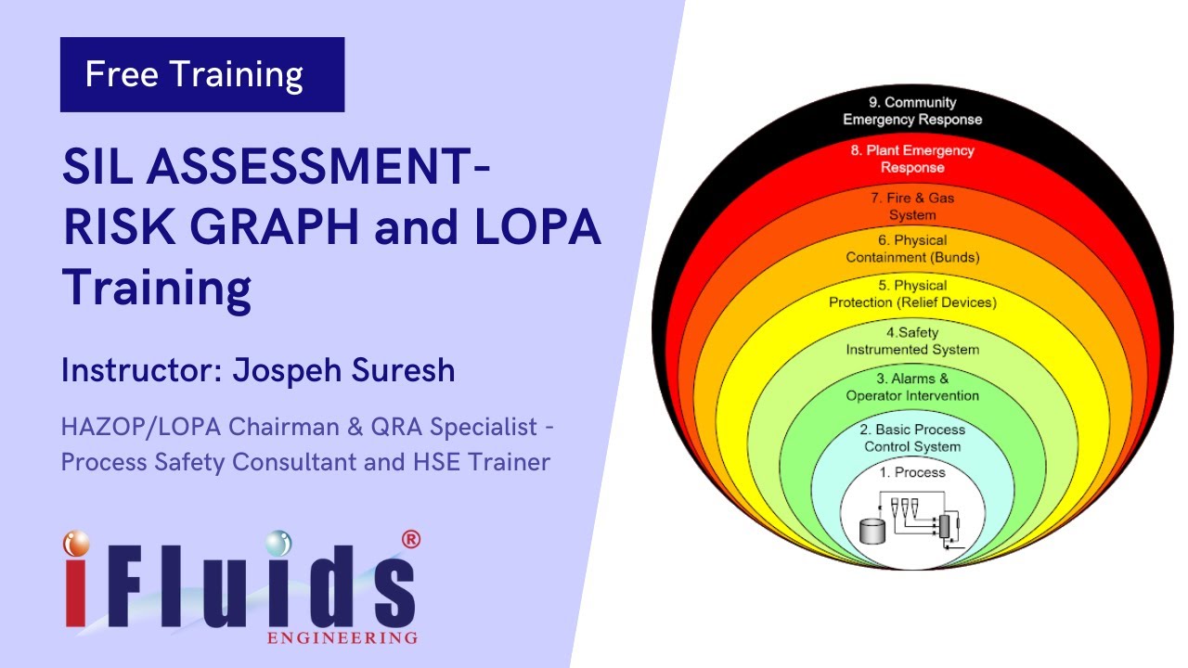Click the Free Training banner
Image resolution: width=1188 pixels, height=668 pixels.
201,74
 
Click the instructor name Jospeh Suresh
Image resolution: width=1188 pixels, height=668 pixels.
342,370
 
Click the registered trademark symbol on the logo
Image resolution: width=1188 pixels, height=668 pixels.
408,539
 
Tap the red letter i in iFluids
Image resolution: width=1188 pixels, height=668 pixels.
78,589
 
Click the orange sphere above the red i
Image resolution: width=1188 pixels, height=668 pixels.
78,544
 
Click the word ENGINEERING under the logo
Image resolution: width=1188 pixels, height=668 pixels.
342,638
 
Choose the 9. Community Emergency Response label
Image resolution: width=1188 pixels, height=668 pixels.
911,110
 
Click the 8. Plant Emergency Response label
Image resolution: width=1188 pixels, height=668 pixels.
912,159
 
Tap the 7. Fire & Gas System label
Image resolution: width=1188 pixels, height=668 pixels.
912,206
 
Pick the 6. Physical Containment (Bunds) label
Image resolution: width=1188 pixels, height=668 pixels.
912,249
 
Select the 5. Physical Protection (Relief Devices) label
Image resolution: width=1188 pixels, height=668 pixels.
912,294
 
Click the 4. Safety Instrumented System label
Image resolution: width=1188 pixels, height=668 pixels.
912,340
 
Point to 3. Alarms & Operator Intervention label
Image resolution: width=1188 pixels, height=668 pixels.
912,387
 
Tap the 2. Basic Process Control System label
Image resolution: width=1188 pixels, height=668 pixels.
913,438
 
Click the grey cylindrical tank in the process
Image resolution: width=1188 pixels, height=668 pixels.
872,532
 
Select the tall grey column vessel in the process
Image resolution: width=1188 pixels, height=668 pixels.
945,526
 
